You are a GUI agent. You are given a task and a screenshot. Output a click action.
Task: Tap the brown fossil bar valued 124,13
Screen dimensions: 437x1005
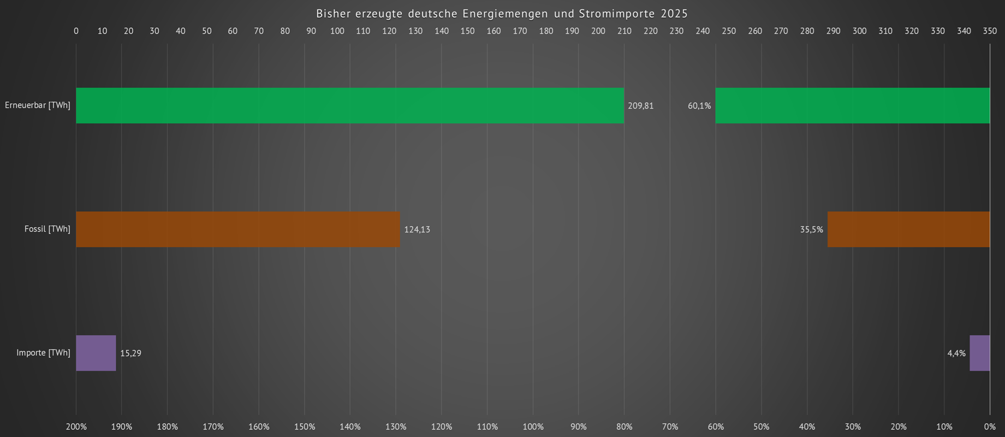click(x=237, y=229)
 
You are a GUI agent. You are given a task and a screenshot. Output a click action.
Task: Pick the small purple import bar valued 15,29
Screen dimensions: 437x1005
click(x=96, y=353)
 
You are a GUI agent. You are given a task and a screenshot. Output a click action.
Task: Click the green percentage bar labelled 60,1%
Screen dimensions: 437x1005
click(x=852, y=105)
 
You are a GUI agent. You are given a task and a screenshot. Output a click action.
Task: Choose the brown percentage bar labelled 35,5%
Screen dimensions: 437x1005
click(x=908, y=229)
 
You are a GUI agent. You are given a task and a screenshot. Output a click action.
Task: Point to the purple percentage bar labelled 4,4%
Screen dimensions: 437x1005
click(x=979, y=353)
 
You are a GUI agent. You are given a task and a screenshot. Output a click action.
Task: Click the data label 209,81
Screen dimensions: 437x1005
click(x=640, y=106)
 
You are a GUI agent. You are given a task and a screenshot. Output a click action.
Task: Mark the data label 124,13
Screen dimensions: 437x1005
click(x=417, y=230)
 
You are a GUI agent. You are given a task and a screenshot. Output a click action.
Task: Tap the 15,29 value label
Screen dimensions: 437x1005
click(x=130, y=353)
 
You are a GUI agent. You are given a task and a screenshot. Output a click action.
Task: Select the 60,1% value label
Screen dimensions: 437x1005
click(x=699, y=106)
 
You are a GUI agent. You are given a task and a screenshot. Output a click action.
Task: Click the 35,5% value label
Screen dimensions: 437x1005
click(x=811, y=230)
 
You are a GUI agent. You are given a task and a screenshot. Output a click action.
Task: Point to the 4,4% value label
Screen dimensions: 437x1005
click(x=956, y=353)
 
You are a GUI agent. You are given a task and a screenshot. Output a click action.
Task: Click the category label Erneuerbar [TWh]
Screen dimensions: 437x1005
click(x=38, y=105)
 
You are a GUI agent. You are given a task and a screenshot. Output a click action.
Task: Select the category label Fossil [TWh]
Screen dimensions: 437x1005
click(x=47, y=229)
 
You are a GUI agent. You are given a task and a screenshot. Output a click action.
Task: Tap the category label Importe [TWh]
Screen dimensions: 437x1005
click(x=44, y=353)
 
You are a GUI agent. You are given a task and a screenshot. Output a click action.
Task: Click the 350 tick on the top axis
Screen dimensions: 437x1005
click(x=990, y=31)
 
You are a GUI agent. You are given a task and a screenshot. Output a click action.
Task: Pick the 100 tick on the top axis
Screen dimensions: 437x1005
click(x=337, y=31)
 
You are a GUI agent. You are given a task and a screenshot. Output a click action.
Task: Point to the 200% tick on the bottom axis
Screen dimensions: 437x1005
click(x=76, y=427)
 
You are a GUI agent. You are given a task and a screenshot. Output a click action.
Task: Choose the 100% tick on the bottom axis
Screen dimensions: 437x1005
click(x=533, y=427)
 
